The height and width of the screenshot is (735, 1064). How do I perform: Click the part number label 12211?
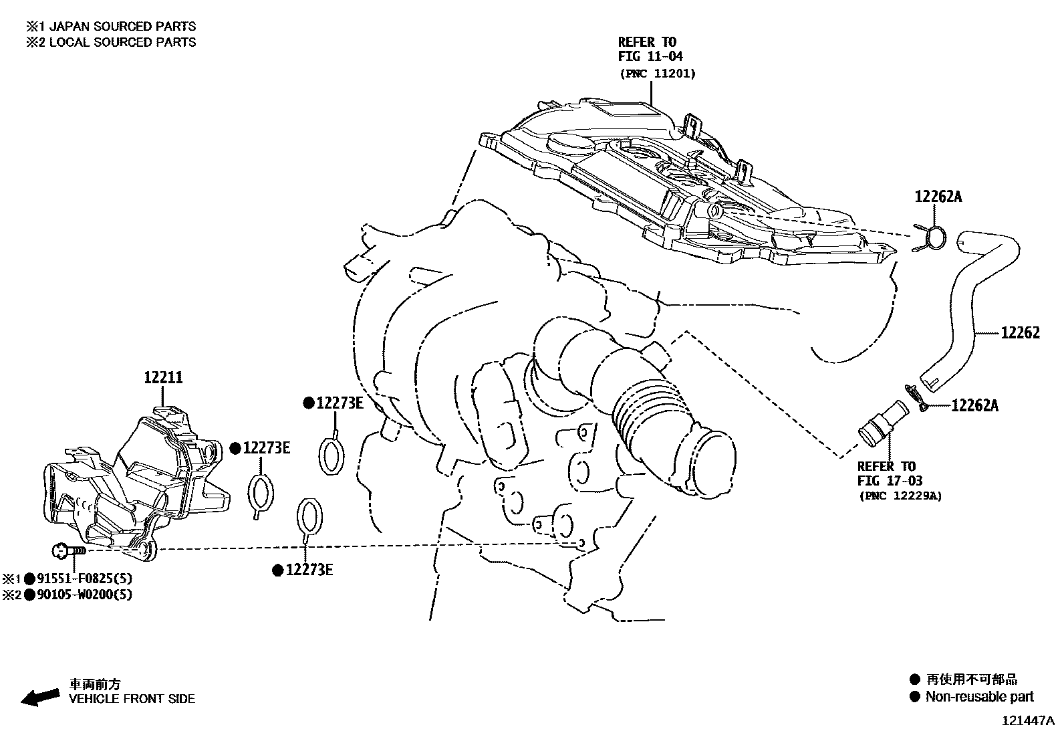(x=163, y=378)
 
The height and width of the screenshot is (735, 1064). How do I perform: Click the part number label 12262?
(x=1020, y=332)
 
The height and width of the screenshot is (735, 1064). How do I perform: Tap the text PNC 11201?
(x=656, y=74)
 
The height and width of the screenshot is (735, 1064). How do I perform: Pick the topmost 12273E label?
(x=339, y=403)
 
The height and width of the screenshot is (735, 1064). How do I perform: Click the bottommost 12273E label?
(x=309, y=570)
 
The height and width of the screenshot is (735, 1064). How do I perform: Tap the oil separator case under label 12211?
(x=134, y=482)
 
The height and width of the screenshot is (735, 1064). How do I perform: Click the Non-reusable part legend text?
(x=978, y=697)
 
